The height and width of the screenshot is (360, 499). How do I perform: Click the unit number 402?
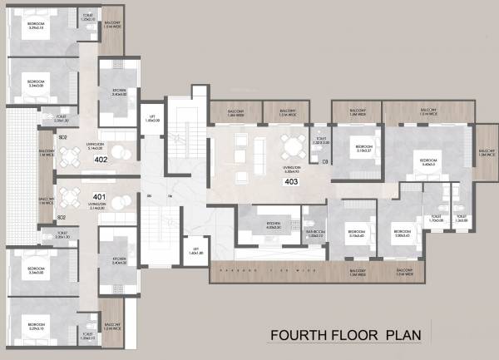pos(101,159)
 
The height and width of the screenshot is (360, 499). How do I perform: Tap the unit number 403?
pos(292,180)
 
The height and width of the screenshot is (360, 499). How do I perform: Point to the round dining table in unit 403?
pos(292,148)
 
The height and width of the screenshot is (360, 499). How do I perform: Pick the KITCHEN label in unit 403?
pos(274,224)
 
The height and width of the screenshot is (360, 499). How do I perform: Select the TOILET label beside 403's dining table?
pos(320,141)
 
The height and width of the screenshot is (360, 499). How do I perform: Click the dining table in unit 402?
pos(122,150)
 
